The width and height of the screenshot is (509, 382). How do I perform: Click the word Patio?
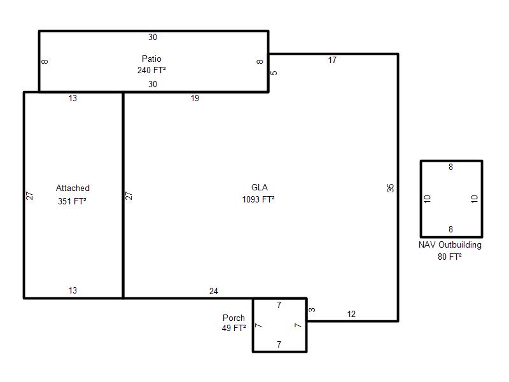tap(151, 59)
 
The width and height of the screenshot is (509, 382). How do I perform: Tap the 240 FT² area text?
tap(151, 70)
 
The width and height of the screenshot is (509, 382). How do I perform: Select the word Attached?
tap(73, 188)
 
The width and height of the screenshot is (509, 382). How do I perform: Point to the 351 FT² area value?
tap(72, 201)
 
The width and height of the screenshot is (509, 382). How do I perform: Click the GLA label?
tap(260, 187)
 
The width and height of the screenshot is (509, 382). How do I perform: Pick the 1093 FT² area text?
tap(258, 199)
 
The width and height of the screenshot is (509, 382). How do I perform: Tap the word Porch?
tap(234, 318)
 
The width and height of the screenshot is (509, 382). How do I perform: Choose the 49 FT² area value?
tap(234, 328)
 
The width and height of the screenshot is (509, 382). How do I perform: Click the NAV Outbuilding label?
tap(450, 245)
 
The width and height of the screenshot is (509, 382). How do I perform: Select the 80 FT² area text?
tap(450, 257)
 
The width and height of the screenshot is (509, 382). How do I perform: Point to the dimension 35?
tap(390, 188)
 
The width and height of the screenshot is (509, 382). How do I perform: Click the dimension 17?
tap(332, 60)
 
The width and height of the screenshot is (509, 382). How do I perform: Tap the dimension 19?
tap(195, 98)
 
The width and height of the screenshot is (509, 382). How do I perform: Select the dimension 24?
tap(214, 291)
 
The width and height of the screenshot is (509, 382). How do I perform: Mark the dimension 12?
tap(351, 314)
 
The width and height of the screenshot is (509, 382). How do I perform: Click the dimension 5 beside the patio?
tap(274, 73)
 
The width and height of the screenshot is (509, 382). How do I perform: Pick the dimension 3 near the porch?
tap(312, 310)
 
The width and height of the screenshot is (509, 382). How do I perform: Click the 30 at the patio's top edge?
tap(153, 37)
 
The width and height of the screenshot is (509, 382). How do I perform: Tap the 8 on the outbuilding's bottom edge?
tap(450, 229)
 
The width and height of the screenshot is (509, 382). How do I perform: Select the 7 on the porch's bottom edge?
tap(279, 344)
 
